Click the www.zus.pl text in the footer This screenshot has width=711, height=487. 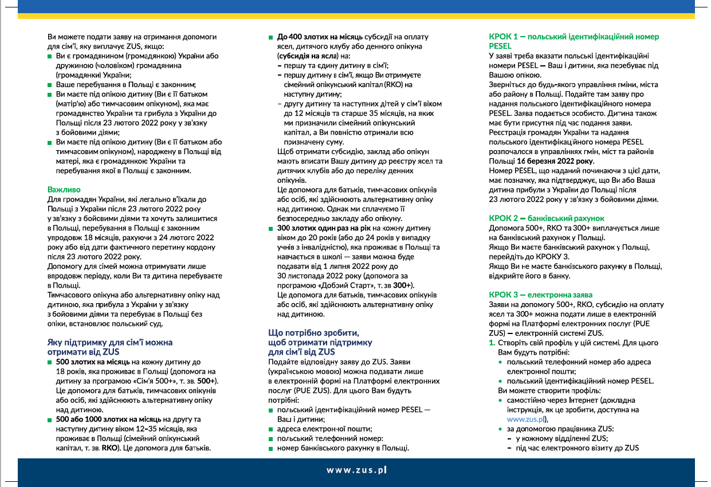click(x=356, y=470)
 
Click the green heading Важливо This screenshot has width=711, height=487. click(x=64, y=189)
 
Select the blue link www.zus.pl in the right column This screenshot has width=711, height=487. click(x=525, y=419)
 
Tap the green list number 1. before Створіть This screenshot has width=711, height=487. click(x=492, y=343)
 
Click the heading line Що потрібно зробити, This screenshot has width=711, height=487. click(x=314, y=333)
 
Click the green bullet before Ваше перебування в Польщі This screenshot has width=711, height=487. click(x=50, y=84)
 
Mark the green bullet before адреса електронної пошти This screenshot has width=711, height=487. click(x=272, y=429)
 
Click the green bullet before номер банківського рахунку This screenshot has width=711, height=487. click(x=272, y=448)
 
